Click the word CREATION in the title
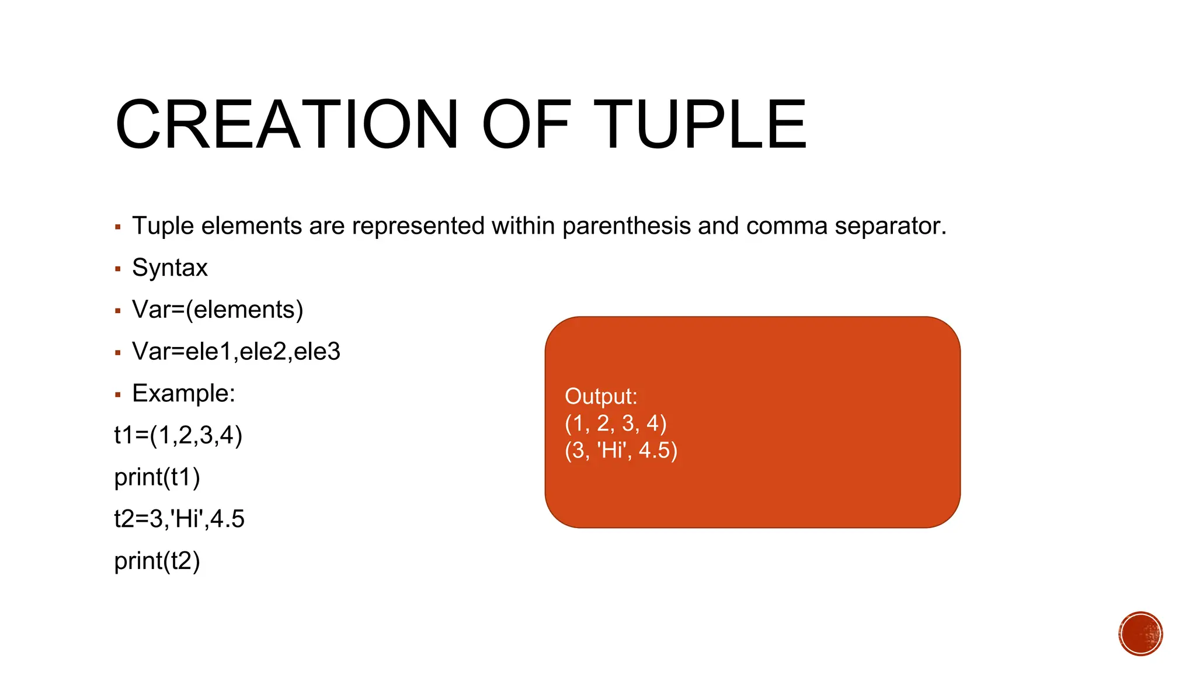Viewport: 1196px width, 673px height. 286,124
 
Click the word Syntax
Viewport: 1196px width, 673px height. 170,268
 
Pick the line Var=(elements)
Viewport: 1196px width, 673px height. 218,310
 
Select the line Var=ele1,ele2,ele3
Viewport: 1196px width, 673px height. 236,352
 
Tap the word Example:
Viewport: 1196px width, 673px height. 183,393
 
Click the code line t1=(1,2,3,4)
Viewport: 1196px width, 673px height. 178,435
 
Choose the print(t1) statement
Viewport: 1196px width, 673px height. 157,477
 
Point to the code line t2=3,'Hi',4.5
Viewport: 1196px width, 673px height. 179,519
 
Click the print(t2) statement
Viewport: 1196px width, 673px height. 157,561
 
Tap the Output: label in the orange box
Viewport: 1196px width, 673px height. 601,396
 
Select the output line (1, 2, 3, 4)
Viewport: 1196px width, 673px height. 616,423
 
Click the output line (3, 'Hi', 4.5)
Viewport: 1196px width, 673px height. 621,450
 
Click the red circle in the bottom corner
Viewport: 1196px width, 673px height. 1141,634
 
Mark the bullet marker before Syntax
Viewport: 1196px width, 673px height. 118,269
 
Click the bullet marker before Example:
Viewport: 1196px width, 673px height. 118,395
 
